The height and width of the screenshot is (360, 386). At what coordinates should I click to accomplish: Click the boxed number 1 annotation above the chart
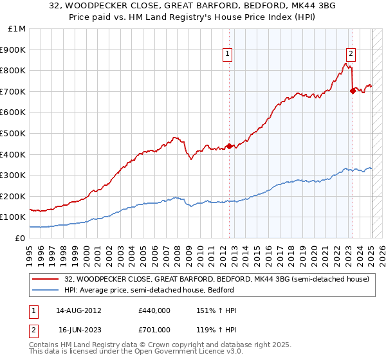coord(228,55)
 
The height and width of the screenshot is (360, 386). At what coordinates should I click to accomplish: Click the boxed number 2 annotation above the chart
coord(351,55)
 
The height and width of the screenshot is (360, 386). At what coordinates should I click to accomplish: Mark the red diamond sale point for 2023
coord(353,91)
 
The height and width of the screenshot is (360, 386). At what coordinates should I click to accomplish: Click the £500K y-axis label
coord(14,133)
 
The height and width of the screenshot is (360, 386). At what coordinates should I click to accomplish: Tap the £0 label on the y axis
coord(19,238)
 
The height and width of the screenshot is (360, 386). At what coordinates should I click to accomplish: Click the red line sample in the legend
coord(46,279)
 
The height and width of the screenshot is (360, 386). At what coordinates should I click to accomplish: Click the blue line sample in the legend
coord(46,290)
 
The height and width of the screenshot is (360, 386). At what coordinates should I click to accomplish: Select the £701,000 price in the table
coord(154,329)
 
